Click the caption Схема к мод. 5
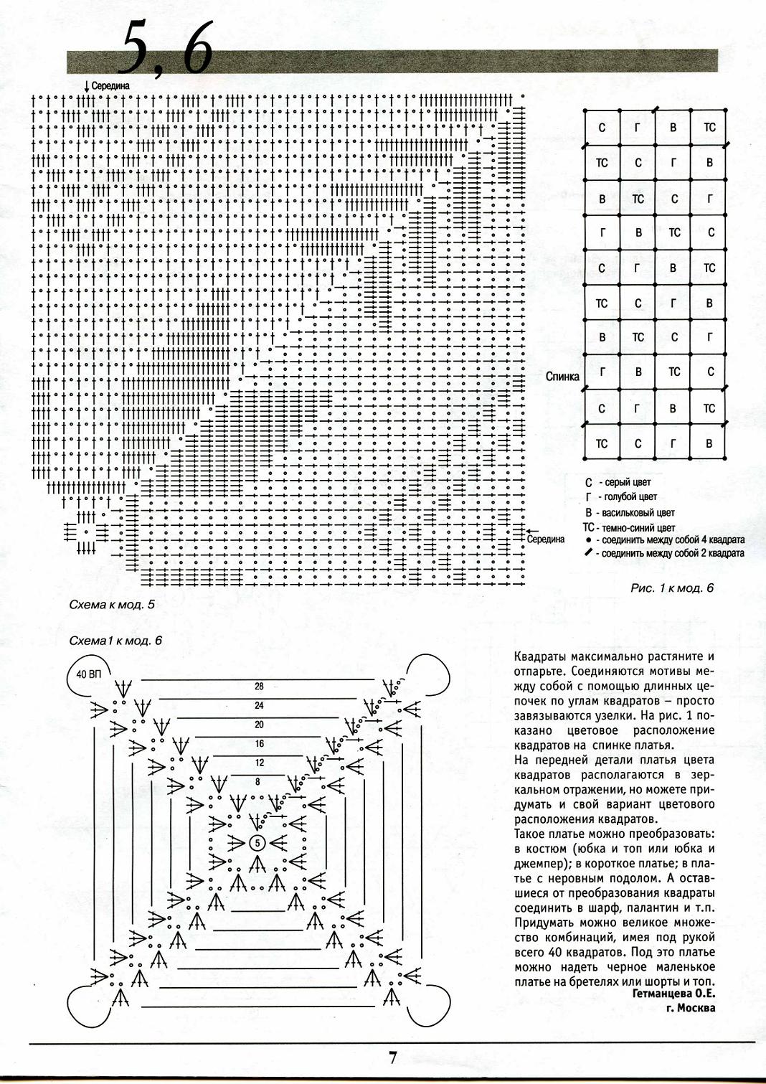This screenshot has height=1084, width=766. click(111, 605)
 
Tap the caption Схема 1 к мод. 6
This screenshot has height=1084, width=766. click(115, 641)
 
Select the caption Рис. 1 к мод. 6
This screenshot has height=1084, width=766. click(672, 588)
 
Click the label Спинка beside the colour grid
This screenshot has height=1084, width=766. click(562, 376)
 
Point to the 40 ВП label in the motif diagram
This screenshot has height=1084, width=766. click(88, 674)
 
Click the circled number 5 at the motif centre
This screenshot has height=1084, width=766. click(257, 842)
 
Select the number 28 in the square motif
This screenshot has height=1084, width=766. click(259, 687)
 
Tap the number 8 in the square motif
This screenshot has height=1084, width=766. click(258, 782)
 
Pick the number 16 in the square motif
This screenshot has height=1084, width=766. click(259, 744)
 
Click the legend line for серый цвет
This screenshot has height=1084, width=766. click(620, 483)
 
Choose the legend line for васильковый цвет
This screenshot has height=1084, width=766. click(630, 513)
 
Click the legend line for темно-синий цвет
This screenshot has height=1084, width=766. click(630, 528)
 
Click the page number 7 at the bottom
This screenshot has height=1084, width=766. click(392, 1057)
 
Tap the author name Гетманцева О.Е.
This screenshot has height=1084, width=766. click(673, 994)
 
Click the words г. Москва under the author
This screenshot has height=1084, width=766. click(690, 1008)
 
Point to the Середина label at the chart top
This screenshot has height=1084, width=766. click(110, 86)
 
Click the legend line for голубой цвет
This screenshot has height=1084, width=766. click(622, 497)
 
